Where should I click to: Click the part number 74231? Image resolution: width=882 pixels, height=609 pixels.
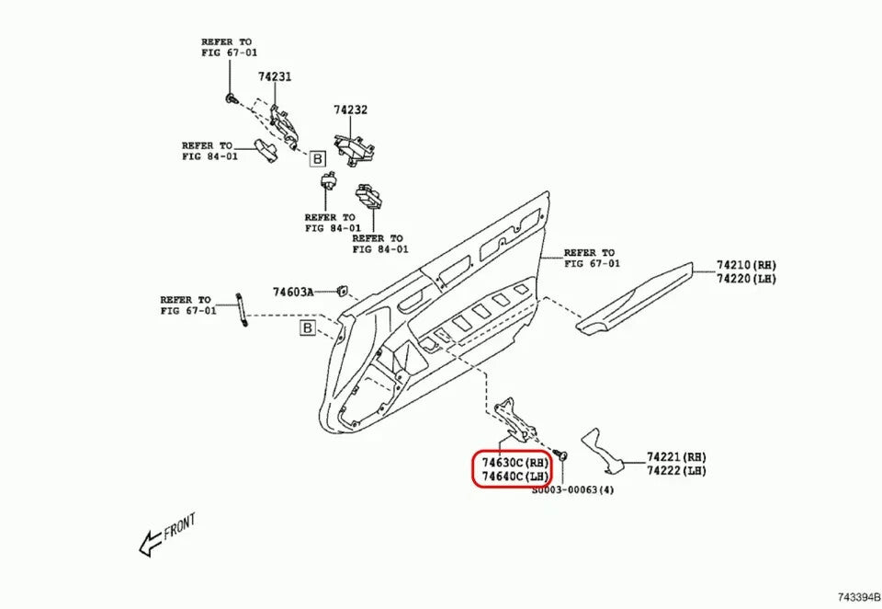pyautogui.click(x=275, y=77)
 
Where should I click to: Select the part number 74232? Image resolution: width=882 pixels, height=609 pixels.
pyautogui.click(x=350, y=109)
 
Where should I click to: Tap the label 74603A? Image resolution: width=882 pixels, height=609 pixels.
pyautogui.click(x=293, y=293)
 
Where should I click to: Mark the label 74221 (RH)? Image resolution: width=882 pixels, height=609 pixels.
pyautogui.click(x=676, y=457)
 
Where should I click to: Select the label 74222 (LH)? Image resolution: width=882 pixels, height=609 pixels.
pyautogui.click(x=676, y=470)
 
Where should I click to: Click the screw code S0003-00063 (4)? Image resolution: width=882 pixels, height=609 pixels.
pyautogui.click(x=572, y=491)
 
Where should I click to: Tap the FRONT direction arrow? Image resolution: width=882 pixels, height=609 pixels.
pyautogui.click(x=166, y=535)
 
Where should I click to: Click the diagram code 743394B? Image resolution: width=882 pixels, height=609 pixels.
pyautogui.click(x=857, y=598)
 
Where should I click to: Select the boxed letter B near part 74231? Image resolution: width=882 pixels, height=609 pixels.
pyautogui.click(x=317, y=159)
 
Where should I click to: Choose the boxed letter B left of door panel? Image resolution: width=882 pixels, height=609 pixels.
pyautogui.click(x=307, y=328)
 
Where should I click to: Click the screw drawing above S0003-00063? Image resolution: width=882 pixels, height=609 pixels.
pyautogui.click(x=561, y=457)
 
